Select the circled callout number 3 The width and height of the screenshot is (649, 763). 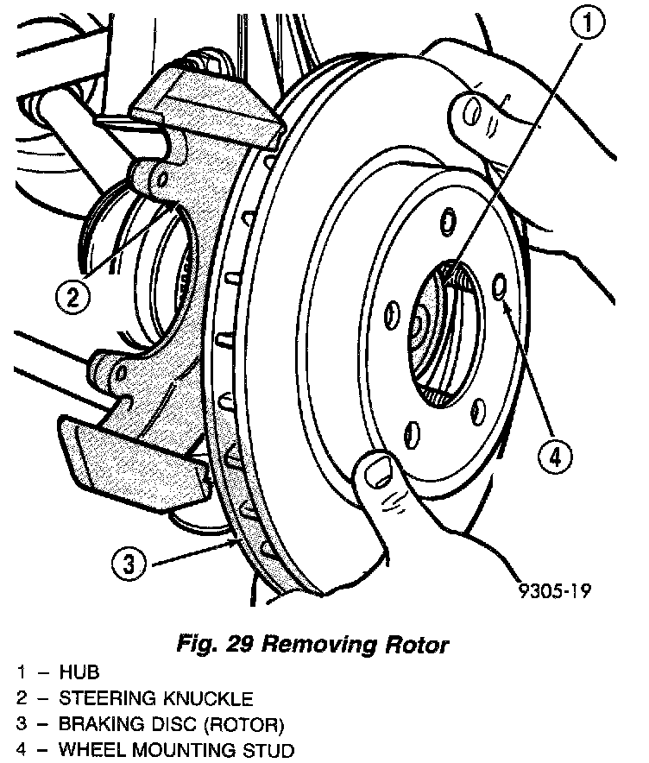click(x=128, y=565)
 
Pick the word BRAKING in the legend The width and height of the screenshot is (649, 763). click(x=99, y=723)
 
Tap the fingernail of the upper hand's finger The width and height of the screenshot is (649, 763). click(x=471, y=110)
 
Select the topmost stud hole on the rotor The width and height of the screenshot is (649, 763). click(x=447, y=221)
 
